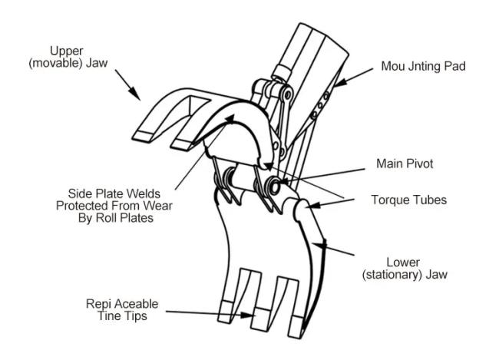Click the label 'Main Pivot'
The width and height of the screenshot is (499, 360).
[405, 163]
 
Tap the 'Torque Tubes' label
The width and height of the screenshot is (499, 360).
[408, 200]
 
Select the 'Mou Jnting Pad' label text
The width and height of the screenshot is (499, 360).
[423, 66]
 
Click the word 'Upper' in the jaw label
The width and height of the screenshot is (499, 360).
[67, 51]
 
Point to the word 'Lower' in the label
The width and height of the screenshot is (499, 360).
[403, 263]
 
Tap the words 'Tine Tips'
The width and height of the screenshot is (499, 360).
[122, 315]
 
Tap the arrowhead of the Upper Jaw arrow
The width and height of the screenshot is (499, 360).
[135, 94]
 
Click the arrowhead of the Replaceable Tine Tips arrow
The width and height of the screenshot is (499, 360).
[248, 315]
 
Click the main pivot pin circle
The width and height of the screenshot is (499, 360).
[274, 185]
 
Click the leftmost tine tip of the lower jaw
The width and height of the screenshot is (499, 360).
[225, 312]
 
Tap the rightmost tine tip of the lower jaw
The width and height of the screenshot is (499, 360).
[296, 327]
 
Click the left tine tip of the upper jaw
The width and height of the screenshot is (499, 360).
[144, 136]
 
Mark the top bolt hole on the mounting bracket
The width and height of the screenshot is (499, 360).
[326, 95]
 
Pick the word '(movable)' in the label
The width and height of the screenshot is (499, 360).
[56, 63]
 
